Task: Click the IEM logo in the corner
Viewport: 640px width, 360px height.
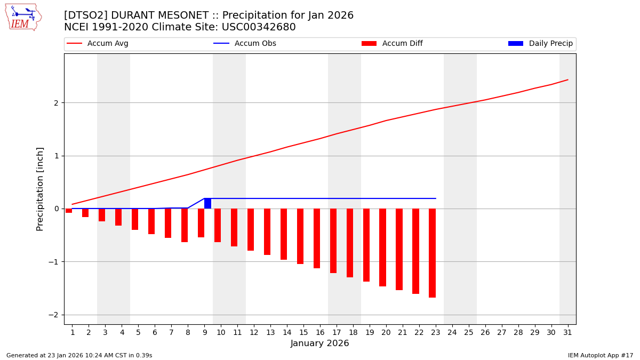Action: click(x=23, y=17)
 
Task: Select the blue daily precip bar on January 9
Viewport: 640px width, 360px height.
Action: click(x=207, y=203)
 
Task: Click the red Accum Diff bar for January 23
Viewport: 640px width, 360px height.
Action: click(x=432, y=253)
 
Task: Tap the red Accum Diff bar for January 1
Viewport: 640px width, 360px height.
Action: click(x=69, y=211)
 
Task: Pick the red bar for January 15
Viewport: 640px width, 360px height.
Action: click(x=300, y=236)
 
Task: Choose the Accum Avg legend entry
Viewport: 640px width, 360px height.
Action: click(x=98, y=44)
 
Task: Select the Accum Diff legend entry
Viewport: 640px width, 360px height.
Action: click(x=393, y=44)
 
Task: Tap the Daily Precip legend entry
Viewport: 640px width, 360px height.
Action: click(x=541, y=44)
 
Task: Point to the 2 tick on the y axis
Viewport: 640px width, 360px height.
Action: click(x=55, y=102)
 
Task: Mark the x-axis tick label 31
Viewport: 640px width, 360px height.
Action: click(x=567, y=332)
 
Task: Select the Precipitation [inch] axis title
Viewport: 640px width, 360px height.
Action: click(x=41, y=189)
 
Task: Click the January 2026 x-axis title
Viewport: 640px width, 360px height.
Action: click(x=319, y=343)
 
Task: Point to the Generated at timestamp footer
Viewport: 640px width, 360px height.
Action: click(x=79, y=355)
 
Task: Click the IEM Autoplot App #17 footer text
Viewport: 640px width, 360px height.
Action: click(x=601, y=355)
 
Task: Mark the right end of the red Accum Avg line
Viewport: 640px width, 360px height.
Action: click(x=567, y=79)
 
